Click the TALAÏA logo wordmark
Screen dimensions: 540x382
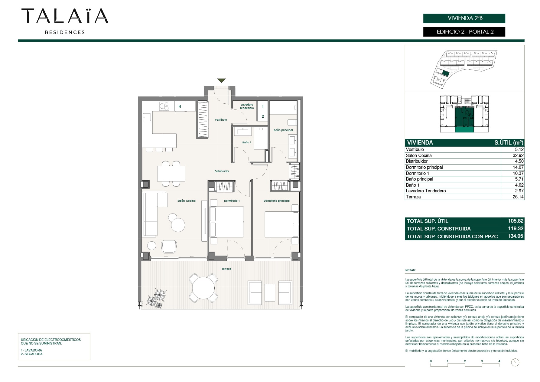click(65, 16)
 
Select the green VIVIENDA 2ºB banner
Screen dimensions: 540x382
click(464, 18)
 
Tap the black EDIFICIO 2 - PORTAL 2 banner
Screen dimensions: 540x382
click(464, 32)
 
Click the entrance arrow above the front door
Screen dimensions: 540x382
click(221, 80)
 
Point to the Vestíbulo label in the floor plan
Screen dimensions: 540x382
click(221, 120)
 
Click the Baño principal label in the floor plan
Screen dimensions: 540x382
click(283, 130)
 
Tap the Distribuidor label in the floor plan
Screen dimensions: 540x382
click(222, 171)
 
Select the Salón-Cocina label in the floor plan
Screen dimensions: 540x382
click(187, 201)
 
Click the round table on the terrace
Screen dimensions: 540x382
click(203, 288)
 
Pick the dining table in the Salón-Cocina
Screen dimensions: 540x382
click(171, 174)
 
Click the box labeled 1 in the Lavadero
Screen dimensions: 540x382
click(262, 106)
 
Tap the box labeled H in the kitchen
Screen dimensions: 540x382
click(180, 106)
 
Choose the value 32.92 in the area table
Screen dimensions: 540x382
click(518, 155)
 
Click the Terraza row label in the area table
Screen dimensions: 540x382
click(413, 197)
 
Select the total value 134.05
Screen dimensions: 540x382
click(516, 236)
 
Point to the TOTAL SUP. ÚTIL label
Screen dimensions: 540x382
click(427, 221)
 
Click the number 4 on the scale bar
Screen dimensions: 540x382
click(499, 361)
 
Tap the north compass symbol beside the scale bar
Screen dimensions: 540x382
click(515, 362)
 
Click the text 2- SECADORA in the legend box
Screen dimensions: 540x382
click(32, 354)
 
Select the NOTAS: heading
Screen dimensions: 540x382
click(410, 270)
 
